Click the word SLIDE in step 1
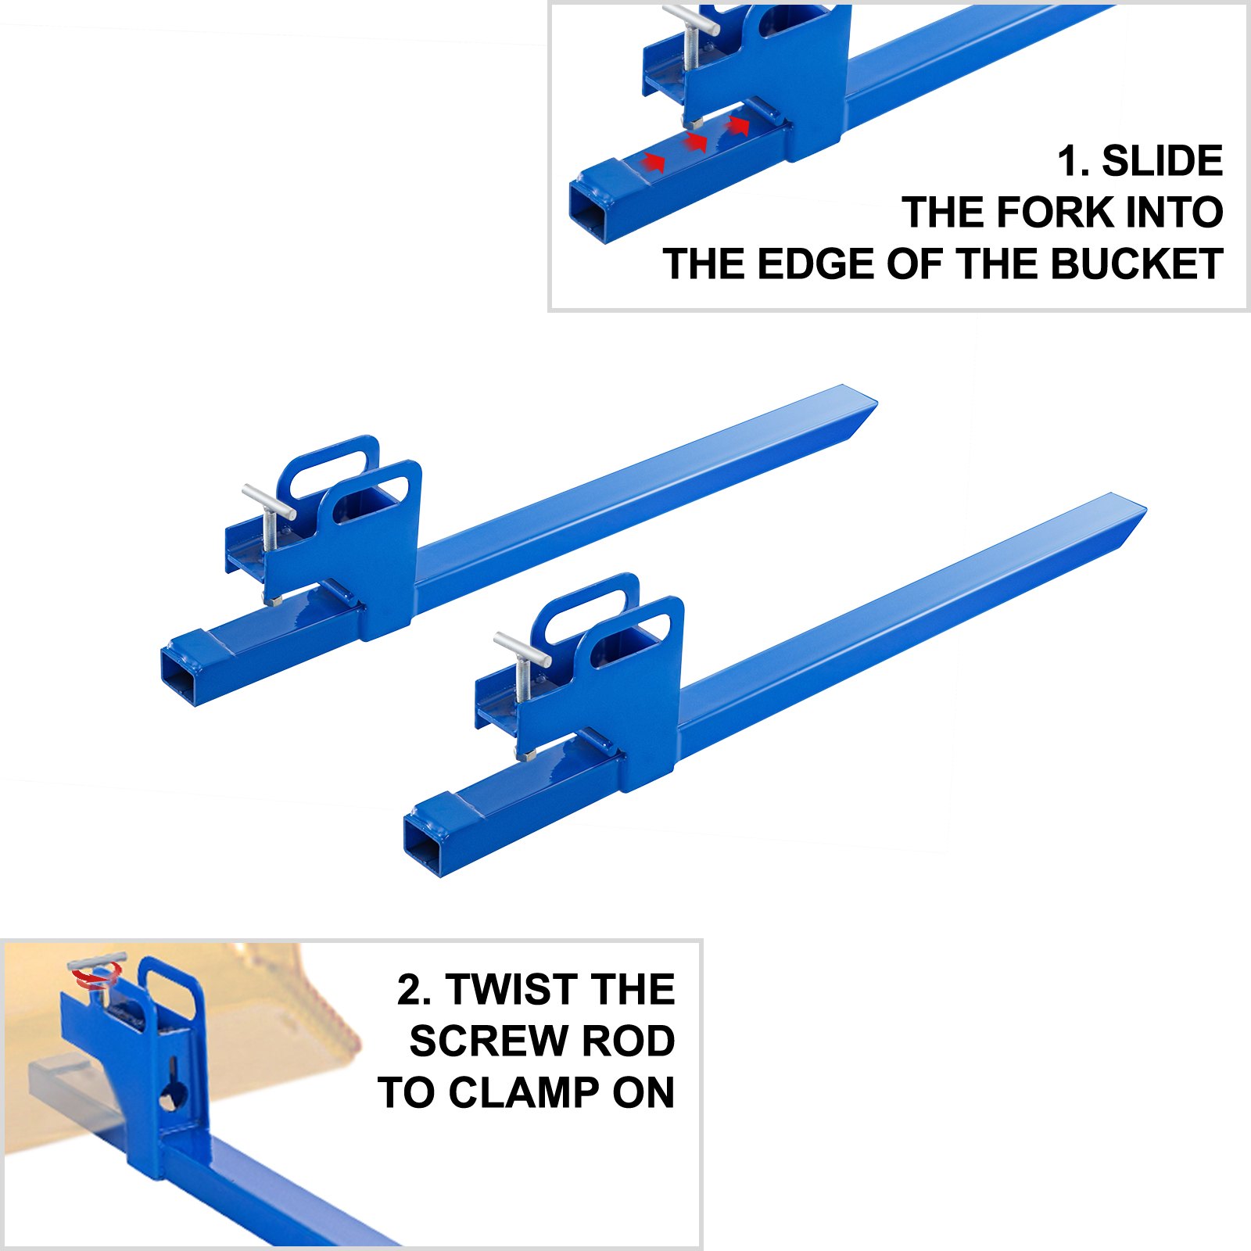(1162, 161)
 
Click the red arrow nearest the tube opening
(653, 162)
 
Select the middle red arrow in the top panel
(694, 142)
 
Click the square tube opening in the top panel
(589, 210)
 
